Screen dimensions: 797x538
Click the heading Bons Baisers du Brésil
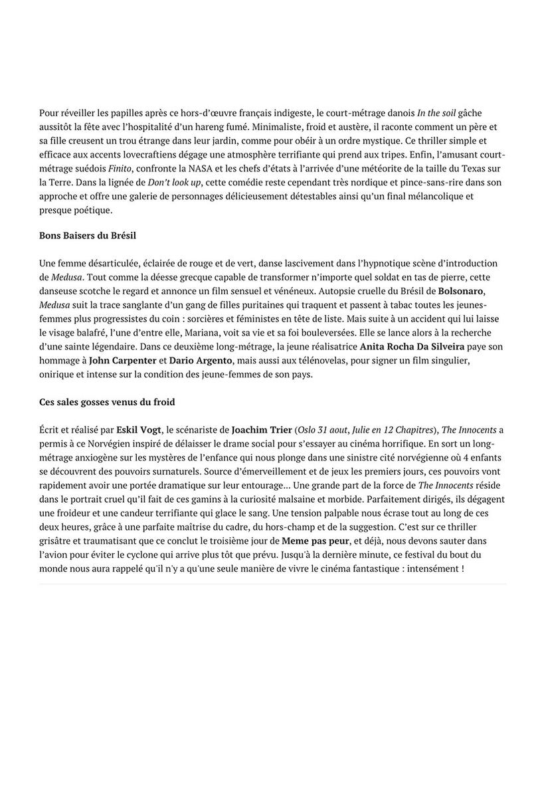click(88, 236)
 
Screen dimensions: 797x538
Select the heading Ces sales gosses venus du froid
click(107, 402)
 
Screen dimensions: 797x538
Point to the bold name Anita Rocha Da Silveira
click(412, 347)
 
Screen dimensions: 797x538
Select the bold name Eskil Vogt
click(139, 430)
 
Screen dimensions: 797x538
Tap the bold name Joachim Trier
click(262, 430)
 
